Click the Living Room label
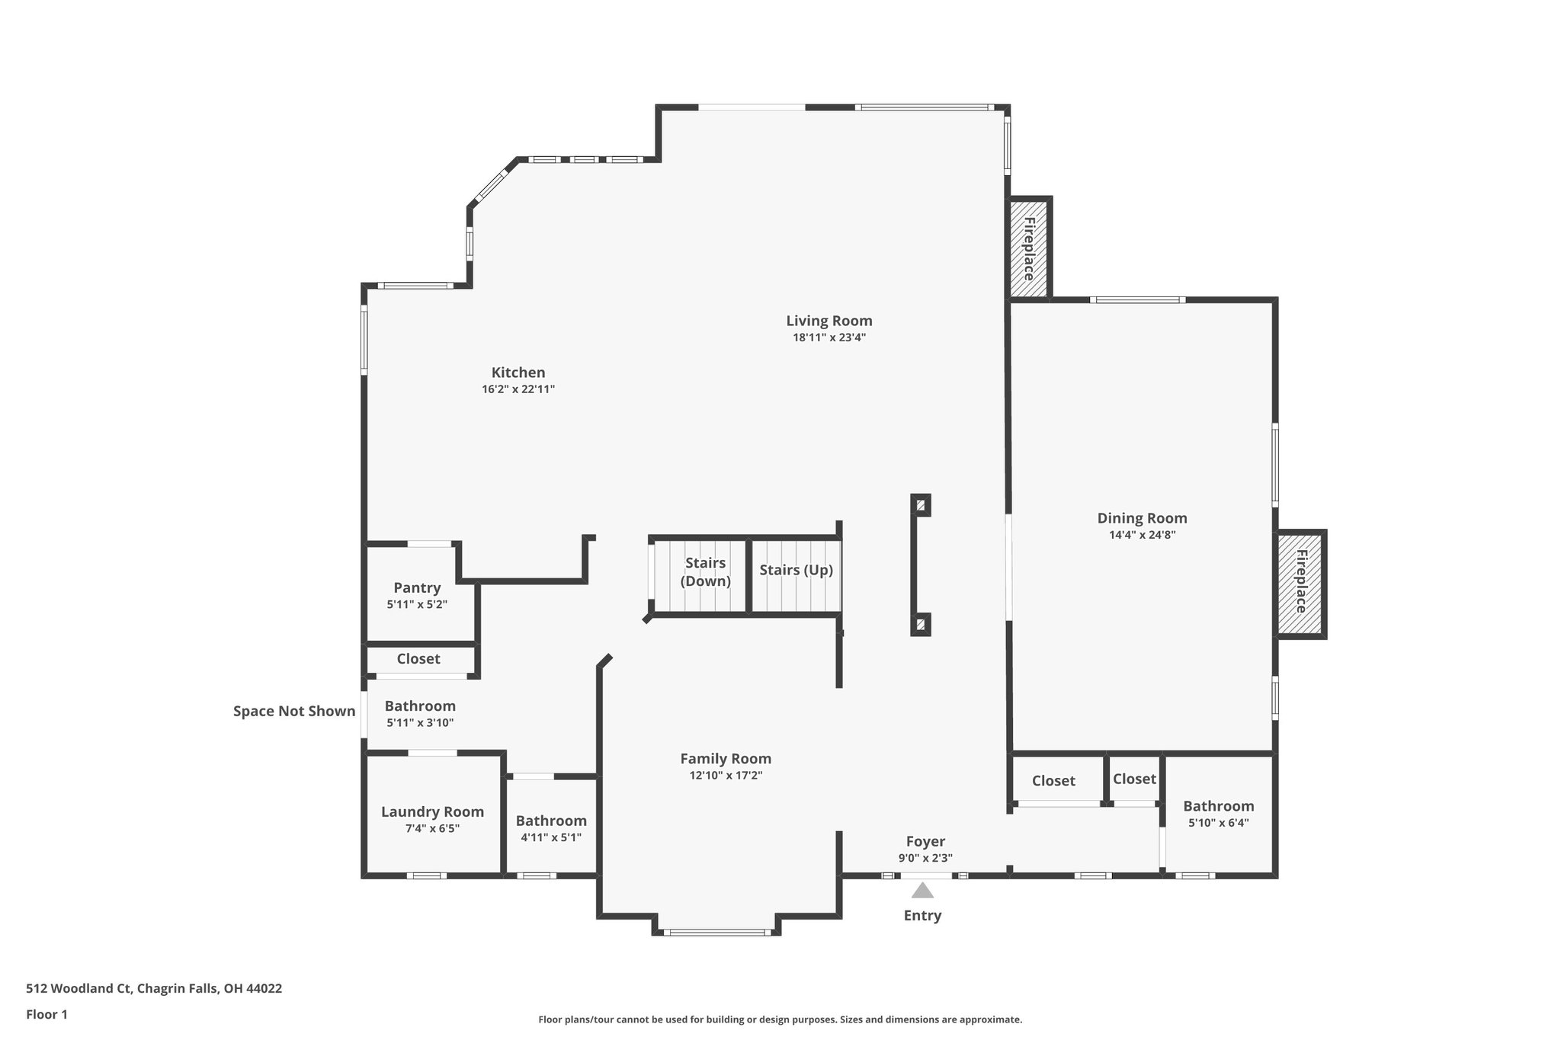[829, 321]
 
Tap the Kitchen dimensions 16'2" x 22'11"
[518, 389]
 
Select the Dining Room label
[1142, 518]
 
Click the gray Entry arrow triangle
[922, 890]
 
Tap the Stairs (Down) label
[705, 571]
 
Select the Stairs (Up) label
[796, 570]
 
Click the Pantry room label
[417, 587]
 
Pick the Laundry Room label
[432, 811]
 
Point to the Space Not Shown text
[294, 711]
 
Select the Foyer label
[925, 841]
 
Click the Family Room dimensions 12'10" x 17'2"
[725, 776]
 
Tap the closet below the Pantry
[418, 658]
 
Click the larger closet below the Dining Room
[1053, 780]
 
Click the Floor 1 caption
[46, 1014]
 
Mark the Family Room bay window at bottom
[716, 932]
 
